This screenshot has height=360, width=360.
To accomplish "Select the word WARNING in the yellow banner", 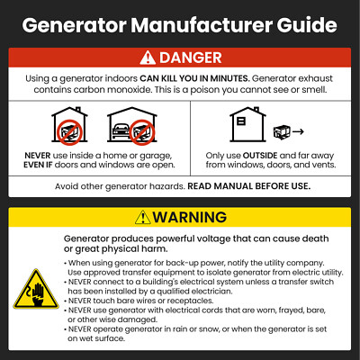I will (x=190, y=217).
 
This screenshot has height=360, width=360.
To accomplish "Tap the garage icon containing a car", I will (x=130, y=128).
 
